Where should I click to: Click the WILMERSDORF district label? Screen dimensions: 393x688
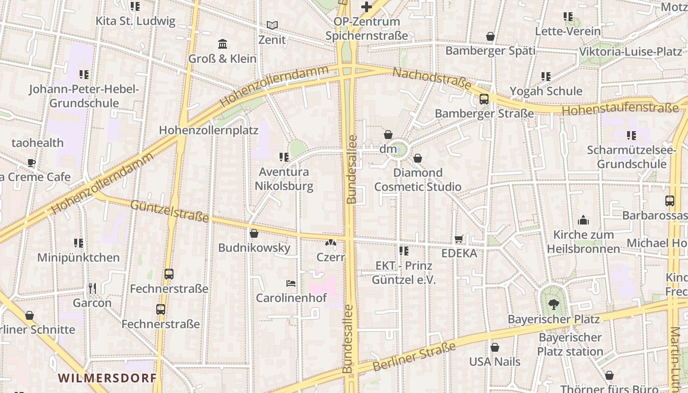(x=107, y=378)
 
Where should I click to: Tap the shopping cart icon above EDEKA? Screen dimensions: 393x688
(x=459, y=239)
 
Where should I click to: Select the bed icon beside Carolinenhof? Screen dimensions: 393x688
(x=291, y=283)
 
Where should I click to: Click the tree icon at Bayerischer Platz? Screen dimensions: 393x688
(x=554, y=305)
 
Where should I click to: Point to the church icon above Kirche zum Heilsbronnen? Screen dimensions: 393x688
(x=583, y=220)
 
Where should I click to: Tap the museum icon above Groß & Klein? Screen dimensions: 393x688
(x=223, y=44)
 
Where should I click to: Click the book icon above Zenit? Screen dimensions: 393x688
(x=272, y=25)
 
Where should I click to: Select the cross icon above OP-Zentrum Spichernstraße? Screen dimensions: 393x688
(x=366, y=7)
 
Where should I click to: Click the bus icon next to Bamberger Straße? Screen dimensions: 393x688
(x=484, y=99)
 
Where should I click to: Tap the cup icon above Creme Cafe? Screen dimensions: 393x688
(x=31, y=163)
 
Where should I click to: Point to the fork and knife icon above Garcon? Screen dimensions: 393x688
(x=92, y=288)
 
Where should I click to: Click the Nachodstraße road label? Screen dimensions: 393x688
(x=432, y=79)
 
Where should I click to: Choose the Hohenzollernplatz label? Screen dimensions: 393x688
(x=208, y=130)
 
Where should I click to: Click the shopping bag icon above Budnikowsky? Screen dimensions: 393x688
(x=254, y=233)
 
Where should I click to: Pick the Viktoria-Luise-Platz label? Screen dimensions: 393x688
(x=631, y=52)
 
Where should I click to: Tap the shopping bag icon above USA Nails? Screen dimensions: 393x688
(x=495, y=347)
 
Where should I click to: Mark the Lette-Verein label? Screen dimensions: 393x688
(x=568, y=31)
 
